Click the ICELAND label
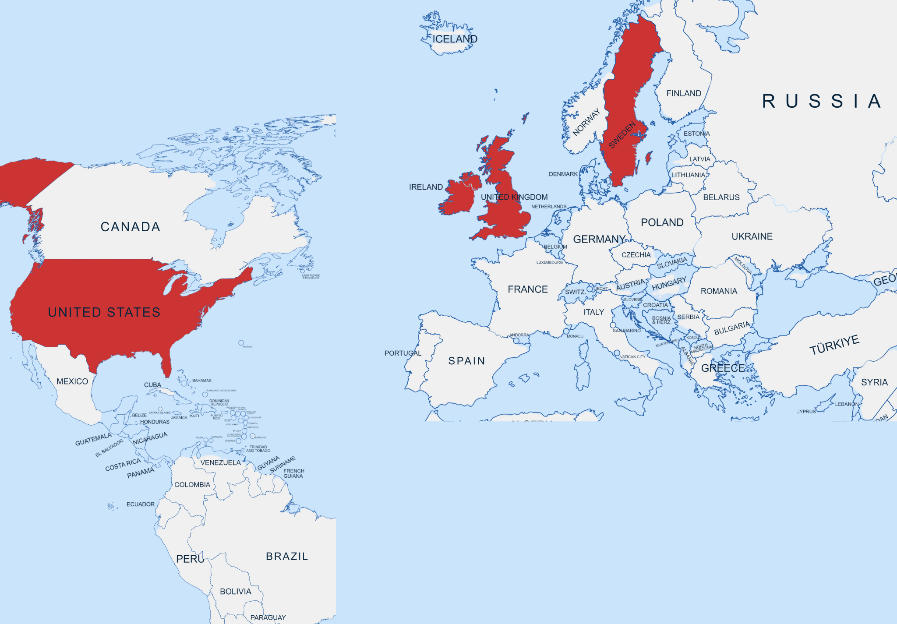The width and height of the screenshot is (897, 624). pos(455,39)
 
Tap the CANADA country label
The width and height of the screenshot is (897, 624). pos(130,226)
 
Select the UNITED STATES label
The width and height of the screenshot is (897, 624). pos(104,312)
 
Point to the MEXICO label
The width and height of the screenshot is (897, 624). pos(72,381)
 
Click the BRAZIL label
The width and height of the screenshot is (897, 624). pos(287,556)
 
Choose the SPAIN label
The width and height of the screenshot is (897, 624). pos(466,361)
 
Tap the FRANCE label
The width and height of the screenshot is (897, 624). pos(527,289)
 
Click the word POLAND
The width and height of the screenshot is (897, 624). pos(662,222)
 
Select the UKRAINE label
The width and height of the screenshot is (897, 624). pos(752,236)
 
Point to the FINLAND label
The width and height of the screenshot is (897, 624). pos(683,93)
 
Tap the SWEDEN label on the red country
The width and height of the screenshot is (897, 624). pos(622,135)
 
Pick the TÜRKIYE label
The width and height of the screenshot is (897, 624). pos(834,345)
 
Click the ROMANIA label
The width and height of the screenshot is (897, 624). pos(719,291)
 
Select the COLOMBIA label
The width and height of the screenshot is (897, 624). pos(192,485)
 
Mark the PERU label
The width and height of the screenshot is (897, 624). pos(190,559)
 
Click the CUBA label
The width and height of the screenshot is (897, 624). pos(152,385)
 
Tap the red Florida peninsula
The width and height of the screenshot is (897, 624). pos(166,363)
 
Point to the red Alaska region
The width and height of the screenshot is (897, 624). pos(26,180)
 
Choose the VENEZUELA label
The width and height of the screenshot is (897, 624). pos(220,462)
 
